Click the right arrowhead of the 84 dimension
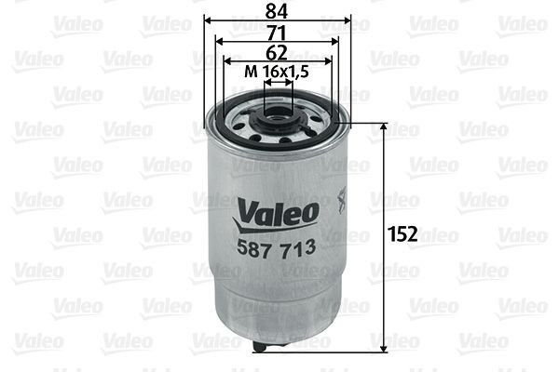coord(348,20)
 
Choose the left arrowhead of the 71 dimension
coord(218,41)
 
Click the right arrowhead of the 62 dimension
coord(329,61)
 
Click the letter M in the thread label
coord(249,72)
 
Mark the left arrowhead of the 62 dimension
coord(225,61)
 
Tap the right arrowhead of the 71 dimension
coord(336,41)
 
